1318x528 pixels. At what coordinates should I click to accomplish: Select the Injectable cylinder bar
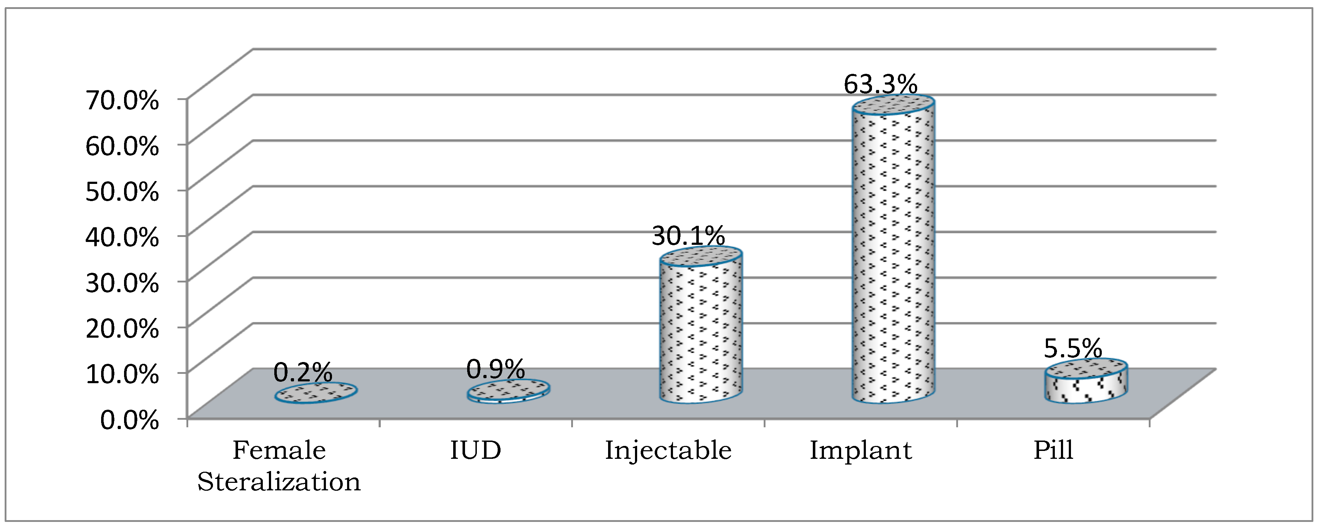tap(701, 333)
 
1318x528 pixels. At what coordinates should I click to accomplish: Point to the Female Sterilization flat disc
tap(316, 393)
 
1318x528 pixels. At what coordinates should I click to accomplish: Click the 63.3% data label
tap(880, 85)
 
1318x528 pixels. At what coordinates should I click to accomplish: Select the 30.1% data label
tap(688, 236)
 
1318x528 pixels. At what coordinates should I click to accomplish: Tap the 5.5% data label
tap(1072, 349)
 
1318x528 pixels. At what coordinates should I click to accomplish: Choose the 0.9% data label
tap(495, 369)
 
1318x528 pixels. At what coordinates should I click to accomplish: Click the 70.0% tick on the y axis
tap(122, 100)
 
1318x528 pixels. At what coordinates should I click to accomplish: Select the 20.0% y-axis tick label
tap(122, 328)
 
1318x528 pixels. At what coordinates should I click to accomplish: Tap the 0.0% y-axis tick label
tap(129, 420)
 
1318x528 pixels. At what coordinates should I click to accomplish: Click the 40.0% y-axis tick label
tap(122, 237)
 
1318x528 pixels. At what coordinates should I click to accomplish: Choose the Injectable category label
tap(668, 451)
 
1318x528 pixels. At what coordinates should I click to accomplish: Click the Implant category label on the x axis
tap(861, 451)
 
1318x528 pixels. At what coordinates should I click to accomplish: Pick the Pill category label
tap(1053, 451)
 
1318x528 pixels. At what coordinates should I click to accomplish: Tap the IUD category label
tap(475, 451)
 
